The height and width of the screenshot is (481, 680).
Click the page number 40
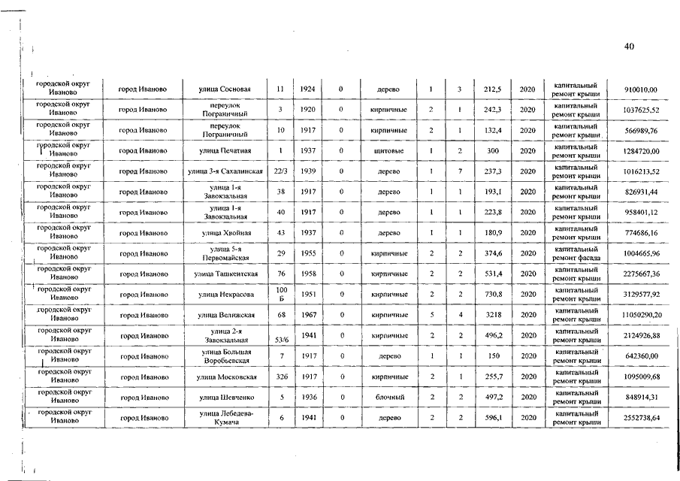point(629,47)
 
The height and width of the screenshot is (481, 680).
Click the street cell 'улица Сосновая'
point(229,90)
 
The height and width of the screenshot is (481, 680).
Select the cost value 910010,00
point(641,90)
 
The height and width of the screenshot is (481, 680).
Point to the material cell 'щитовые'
point(388,152)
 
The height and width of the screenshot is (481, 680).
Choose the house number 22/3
point(280,172)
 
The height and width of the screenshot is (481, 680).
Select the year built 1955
point(307,254)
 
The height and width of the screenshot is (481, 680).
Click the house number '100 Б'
point(281,295)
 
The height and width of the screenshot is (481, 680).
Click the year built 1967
point(307,316)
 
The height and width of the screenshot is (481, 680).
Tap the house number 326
point(280,377)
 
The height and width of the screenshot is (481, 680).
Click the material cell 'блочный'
point(388,397)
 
